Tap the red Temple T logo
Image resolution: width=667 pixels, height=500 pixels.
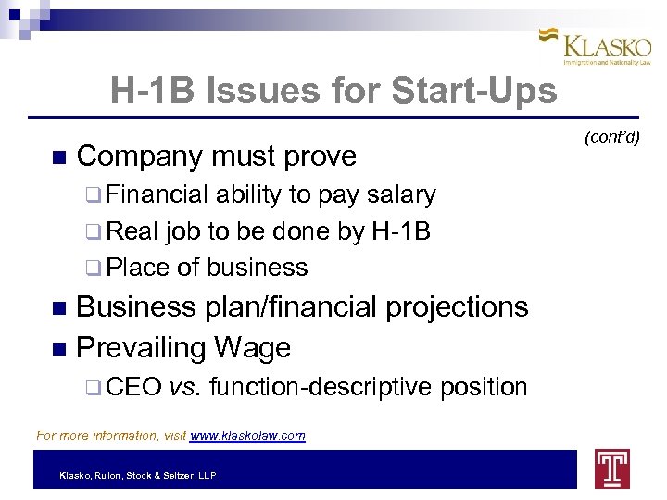pos(612,468)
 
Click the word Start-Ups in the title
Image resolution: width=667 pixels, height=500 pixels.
pos(474,91)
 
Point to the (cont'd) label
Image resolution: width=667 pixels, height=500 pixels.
pos(612,138)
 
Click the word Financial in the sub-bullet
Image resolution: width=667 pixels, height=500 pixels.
pos(157,195)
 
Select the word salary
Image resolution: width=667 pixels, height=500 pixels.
pos(401,195)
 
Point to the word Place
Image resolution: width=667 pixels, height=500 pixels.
pos(138,268)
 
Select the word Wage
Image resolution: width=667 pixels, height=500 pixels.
pos(253,347)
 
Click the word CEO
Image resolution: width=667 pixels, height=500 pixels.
pos(135,387)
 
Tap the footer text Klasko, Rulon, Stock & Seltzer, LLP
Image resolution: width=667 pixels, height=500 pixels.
pos(137,476)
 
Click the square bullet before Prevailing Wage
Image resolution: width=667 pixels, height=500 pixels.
pos(60,348)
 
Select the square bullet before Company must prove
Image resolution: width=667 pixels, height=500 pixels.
pos(60,156)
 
